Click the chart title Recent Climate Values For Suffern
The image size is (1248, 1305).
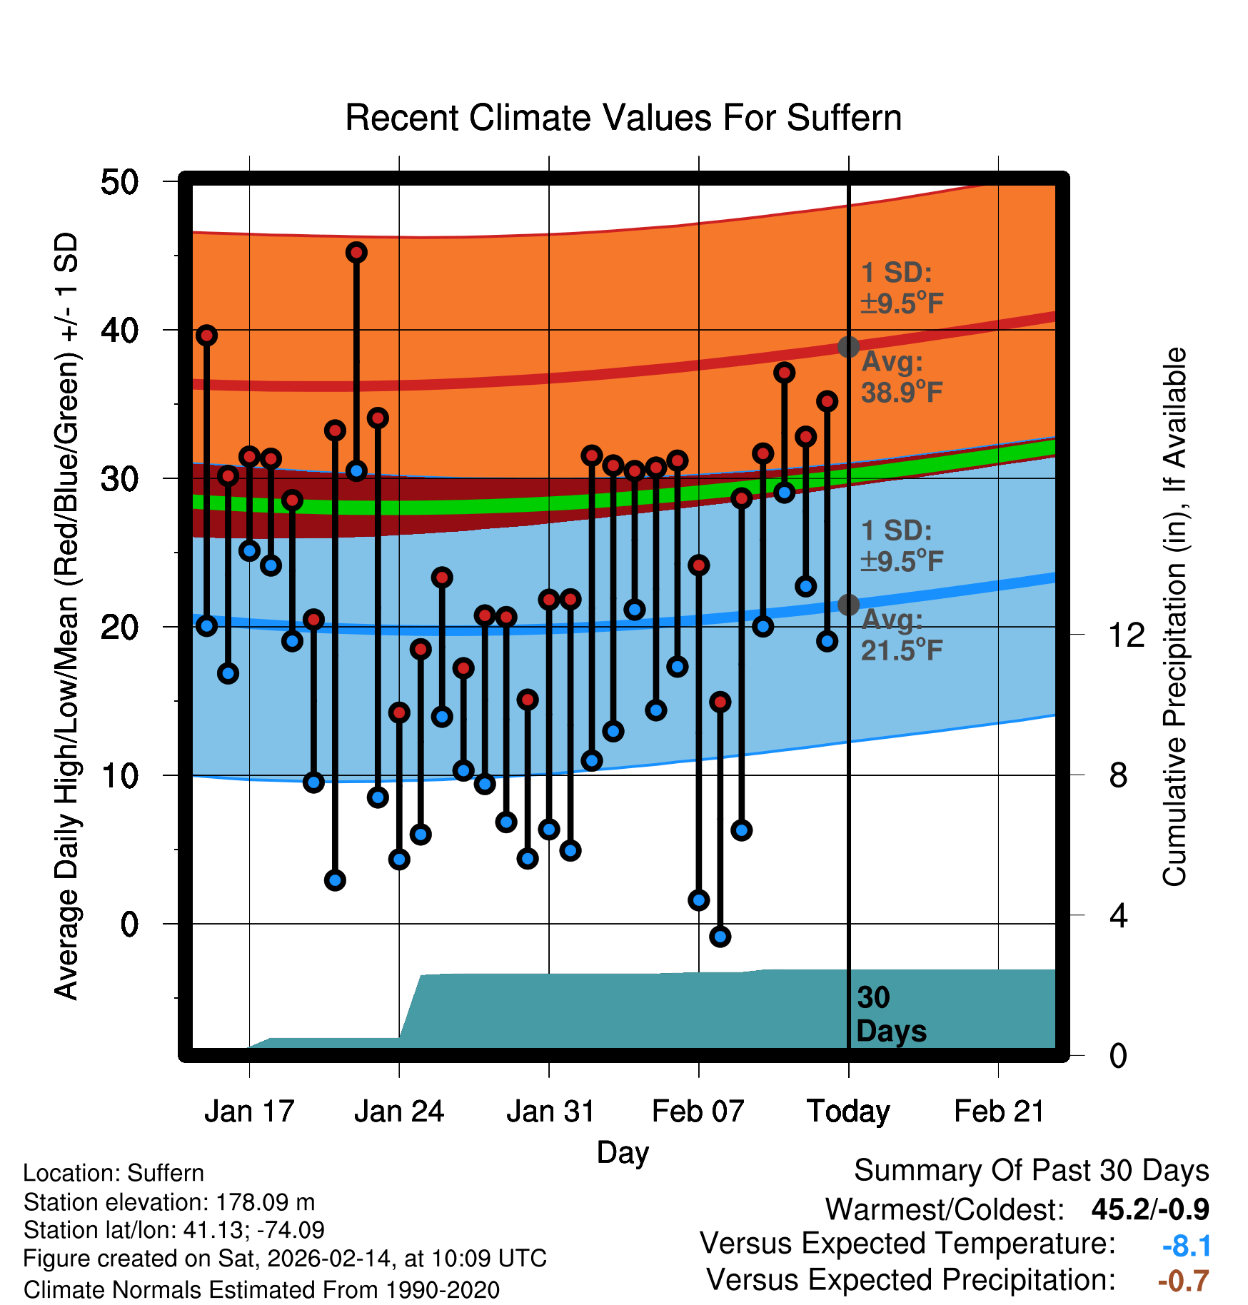(x=623, y=118)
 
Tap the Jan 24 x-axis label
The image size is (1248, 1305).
(x=399, y=1112)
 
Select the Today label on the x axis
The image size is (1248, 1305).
(x=848, y=1112)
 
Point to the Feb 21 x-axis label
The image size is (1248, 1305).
(x=999, y=1112)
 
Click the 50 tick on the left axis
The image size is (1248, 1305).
(x=119, y=182)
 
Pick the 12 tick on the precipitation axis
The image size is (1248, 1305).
(x=1126, y=635)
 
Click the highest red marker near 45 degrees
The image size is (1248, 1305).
(x=356, y=252)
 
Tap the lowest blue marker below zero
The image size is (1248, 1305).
(x=720, y=937)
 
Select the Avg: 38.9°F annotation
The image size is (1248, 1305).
(x=902, y=377)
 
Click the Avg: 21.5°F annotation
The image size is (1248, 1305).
(x=902, y=635)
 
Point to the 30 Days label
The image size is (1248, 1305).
(x=890, y=1014)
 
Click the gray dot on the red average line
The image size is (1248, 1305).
(x=848, y=347)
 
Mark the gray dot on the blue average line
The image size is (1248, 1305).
(x=848, y=605)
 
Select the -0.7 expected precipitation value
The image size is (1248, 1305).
(x=1183, y=1281)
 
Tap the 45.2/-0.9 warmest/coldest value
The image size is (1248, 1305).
(x=1149, y=1209)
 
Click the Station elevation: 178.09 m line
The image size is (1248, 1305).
(x=169, y=1202)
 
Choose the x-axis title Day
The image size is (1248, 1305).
(x=623, y=1152)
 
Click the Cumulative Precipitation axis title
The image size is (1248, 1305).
(x=1174, y=617)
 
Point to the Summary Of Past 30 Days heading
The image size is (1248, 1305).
(x=1031, y=1171)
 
